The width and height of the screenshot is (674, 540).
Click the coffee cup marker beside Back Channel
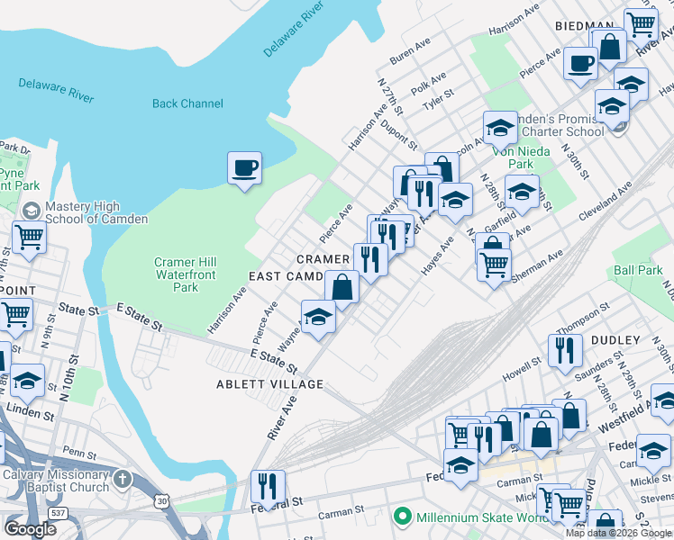pos(244,168)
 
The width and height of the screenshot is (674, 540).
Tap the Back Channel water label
pos(187,103)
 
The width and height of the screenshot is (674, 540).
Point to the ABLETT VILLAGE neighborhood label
pos(269,384)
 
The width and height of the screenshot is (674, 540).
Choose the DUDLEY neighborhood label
pos(615,340)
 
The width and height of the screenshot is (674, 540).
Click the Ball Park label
pos(637,270)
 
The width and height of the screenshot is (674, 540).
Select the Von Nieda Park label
pos(520,158)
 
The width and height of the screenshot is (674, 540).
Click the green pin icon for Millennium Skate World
pos(403,517)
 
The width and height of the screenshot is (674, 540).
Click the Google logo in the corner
pos(31,529)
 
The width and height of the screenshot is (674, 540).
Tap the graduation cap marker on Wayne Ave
pos(318,319)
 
